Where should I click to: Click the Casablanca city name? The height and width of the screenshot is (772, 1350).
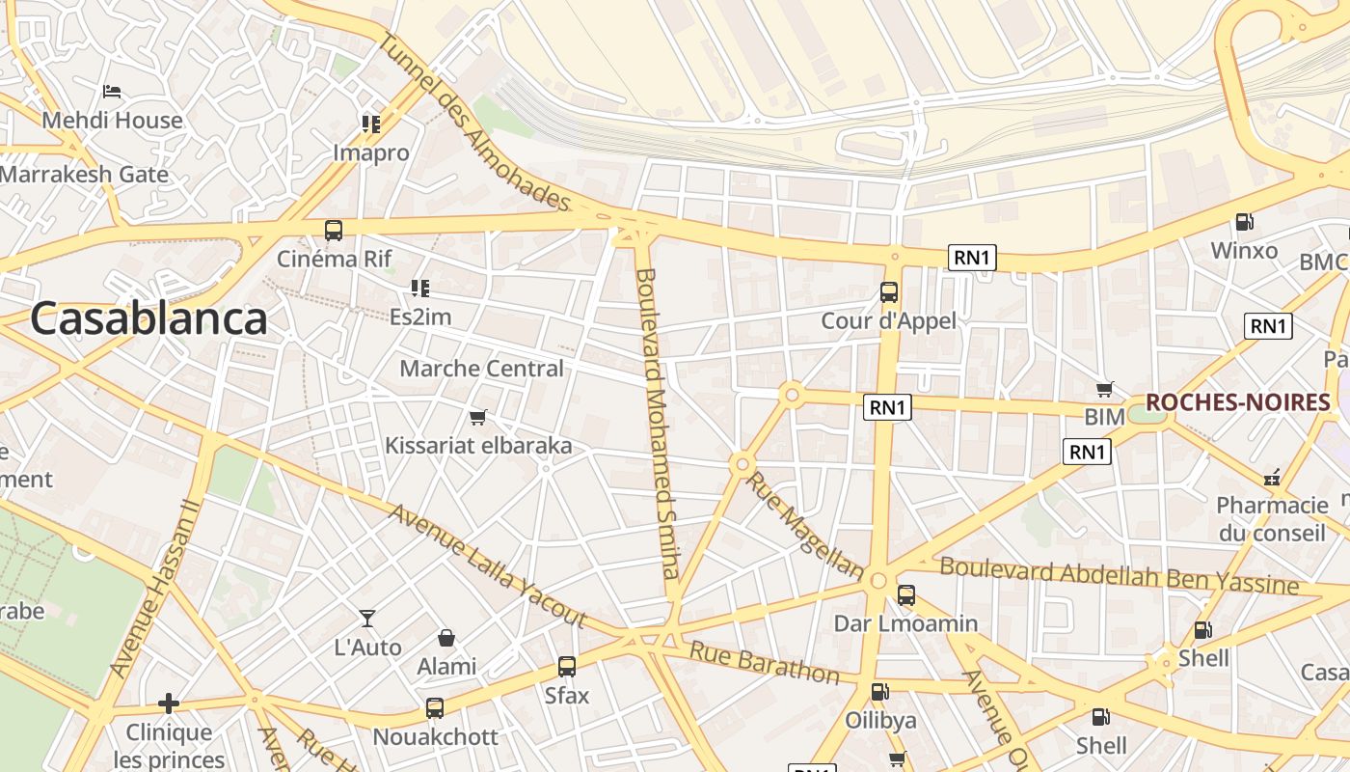pos(148,319)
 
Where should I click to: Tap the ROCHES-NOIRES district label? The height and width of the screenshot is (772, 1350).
pos(1237,402)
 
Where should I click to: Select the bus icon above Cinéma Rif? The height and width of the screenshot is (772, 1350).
pos(334,231)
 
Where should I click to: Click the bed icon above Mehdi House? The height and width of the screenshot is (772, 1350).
pos(112,92)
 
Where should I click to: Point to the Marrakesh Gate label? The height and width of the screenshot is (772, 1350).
pos(85,175)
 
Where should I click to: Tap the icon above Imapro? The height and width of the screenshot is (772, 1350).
pos(371,124)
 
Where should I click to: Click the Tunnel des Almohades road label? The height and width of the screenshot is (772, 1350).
pos(474,121)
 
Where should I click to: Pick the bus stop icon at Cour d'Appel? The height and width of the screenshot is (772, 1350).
pos(889,291)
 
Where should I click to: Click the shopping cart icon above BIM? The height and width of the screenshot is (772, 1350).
pos(1105,390)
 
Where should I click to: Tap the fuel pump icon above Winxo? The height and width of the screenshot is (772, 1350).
pos(1245,222)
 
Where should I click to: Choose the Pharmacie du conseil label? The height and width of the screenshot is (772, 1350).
pos(1272,519)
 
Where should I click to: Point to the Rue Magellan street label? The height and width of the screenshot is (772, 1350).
pos(804,526)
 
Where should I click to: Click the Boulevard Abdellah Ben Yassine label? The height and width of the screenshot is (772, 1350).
pos(1119,575)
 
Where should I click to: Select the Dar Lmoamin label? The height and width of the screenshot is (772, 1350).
pos(905,623)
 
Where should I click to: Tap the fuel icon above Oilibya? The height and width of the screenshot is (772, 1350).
pos(879,691)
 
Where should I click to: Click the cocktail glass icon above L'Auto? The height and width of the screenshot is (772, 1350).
pos(367,618)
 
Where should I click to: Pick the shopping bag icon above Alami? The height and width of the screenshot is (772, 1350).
pos(446,638)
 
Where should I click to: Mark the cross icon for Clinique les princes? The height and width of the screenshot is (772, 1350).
pos(169,703)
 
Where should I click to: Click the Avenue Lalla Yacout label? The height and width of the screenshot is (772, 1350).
pos(487,565)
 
